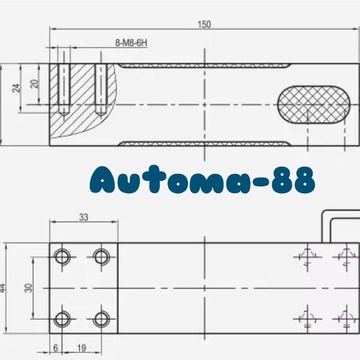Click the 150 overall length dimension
[x=204, y=25]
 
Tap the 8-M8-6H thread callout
[x=131, y=43]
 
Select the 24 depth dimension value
[x=16, y=88]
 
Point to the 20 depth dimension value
[x=34, y=84]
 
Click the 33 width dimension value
[x=84, y=217]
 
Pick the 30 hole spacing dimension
[x=28, y=288]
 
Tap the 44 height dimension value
[x=2, y=288]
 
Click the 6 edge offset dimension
[x=56, y=348]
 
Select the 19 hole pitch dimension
[x=82, y=348]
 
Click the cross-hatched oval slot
[x=314, y=105]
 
